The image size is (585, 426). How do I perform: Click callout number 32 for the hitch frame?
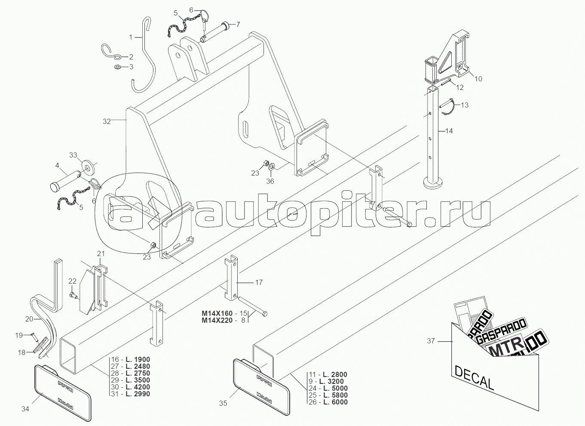pyautogui.click(x=107, y=122)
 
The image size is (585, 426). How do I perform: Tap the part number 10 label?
pyautogui.click(x=478, y=79)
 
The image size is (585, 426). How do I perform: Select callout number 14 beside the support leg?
pyautogui.click(x=449, y=130)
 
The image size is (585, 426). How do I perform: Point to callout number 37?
pyautogui.click(x=431, y=341)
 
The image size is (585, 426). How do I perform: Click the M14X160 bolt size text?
pyautogui.click(x=219, y=313)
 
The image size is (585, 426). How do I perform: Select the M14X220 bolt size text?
pyautogui.click(x=219, y=320)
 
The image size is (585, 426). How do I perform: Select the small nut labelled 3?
pyautogui.click(x=117, y=67)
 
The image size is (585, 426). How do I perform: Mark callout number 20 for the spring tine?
pyautogui.click(x=29, y=319)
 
